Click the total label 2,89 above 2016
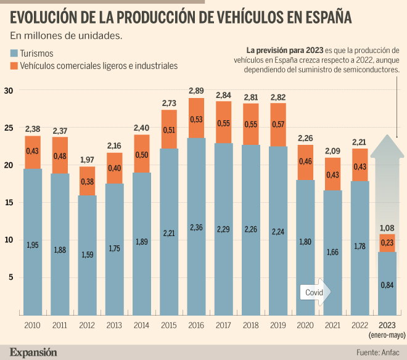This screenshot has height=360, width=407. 195,91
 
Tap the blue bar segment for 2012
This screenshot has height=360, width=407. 87,256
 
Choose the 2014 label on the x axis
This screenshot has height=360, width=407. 141,325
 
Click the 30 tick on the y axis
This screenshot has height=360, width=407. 8,90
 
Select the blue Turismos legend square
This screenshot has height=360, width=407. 14,54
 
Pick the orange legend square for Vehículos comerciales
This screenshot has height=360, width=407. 14,65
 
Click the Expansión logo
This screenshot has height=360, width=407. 33,352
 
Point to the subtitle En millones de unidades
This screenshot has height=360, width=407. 66,36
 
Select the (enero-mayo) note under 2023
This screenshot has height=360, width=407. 387,335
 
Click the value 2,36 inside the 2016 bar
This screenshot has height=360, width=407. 195,227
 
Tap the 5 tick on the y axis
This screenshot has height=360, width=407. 10,277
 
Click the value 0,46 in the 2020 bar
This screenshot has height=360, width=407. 304,162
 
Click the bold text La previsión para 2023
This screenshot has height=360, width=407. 284,49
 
